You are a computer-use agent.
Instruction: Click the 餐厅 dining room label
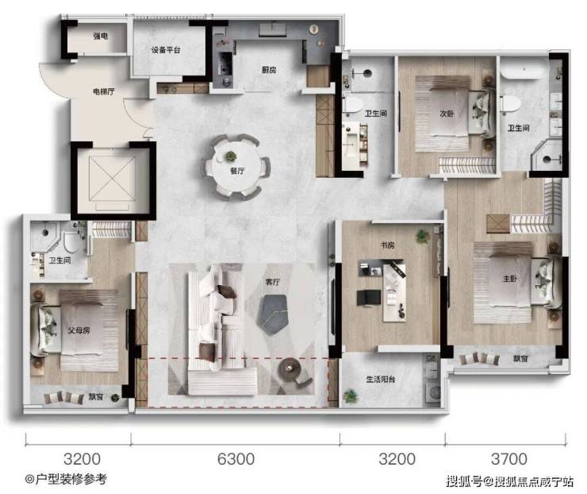pyautogui.click(x=237, y=171)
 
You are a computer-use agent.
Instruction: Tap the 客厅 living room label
pyautogui.click(x=273, y=282)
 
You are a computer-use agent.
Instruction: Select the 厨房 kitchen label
pyautogui.click(x=268, y=70)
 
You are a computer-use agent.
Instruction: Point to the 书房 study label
pyautogui.click(x=387, y=245)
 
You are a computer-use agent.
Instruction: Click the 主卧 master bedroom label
pyautogui.click(x=510, y=279)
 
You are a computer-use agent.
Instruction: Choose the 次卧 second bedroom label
pyautogui.click(x=447, y=114)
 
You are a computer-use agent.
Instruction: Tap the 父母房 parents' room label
pyautogui.click(x=79, y=330)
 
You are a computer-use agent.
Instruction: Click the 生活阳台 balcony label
pyautogui.click(x=380, y=380)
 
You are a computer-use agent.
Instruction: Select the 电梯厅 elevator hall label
pyautogui.click(x=104, y=91)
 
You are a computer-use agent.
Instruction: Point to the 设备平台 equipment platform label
pyautogui.click(x=166, y=50)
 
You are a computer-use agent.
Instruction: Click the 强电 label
pyautogui.click(x=100, y=36)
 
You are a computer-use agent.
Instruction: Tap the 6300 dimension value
pyautogui.click(x=236, y=459)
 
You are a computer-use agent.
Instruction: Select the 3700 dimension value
pyautogui.click(x=509, y=459)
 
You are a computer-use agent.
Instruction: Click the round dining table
pyautogui.click(x=236, y=167)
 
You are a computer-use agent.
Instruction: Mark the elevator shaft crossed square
pyautogui.click(x=113, y=179)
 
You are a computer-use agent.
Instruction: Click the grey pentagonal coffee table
pyautogui.click(x=272, y=314)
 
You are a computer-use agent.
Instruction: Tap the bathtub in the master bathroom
pyautogui.click(x=524, y=71)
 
